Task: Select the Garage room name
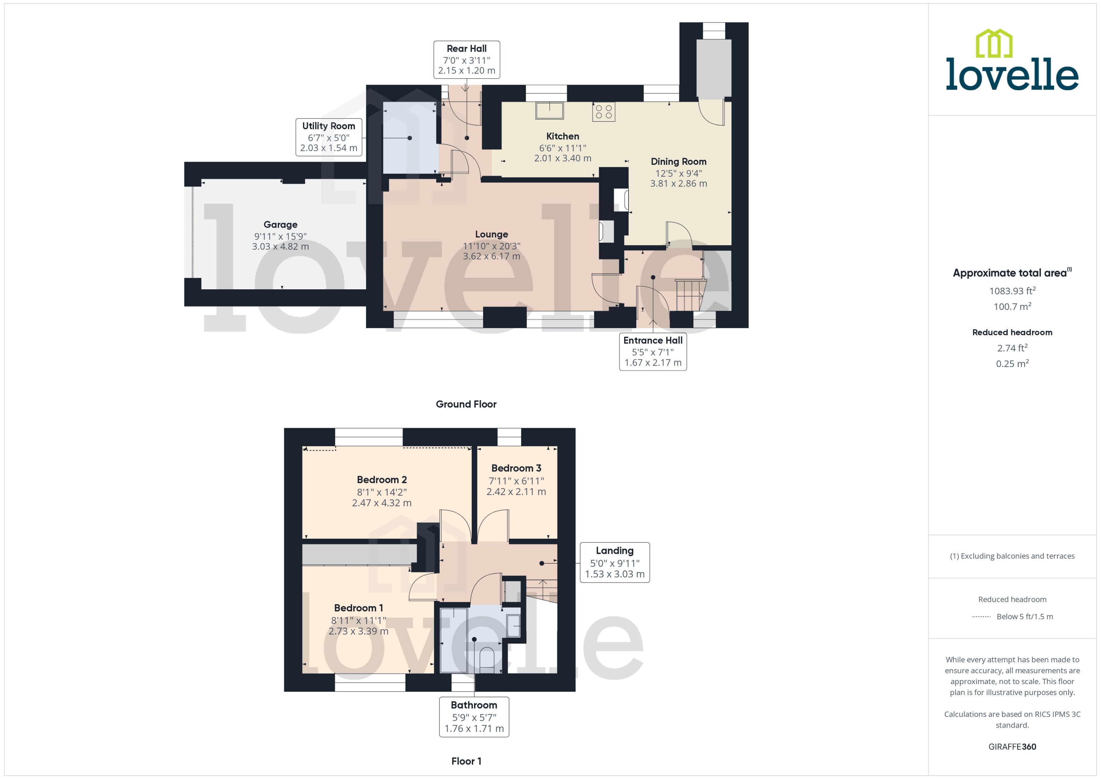[x=280, y=225]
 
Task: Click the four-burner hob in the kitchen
[x=604, y=112]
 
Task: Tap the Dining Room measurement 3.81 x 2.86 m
[x=678, y=184]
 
